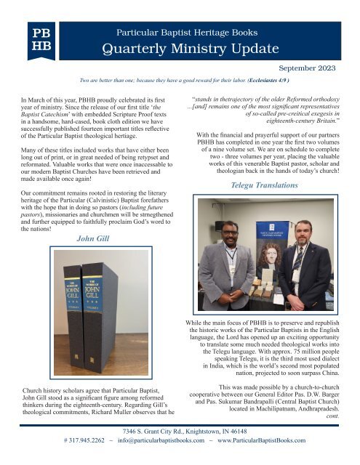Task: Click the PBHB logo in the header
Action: pyautogui.click(x=38, y=41)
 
